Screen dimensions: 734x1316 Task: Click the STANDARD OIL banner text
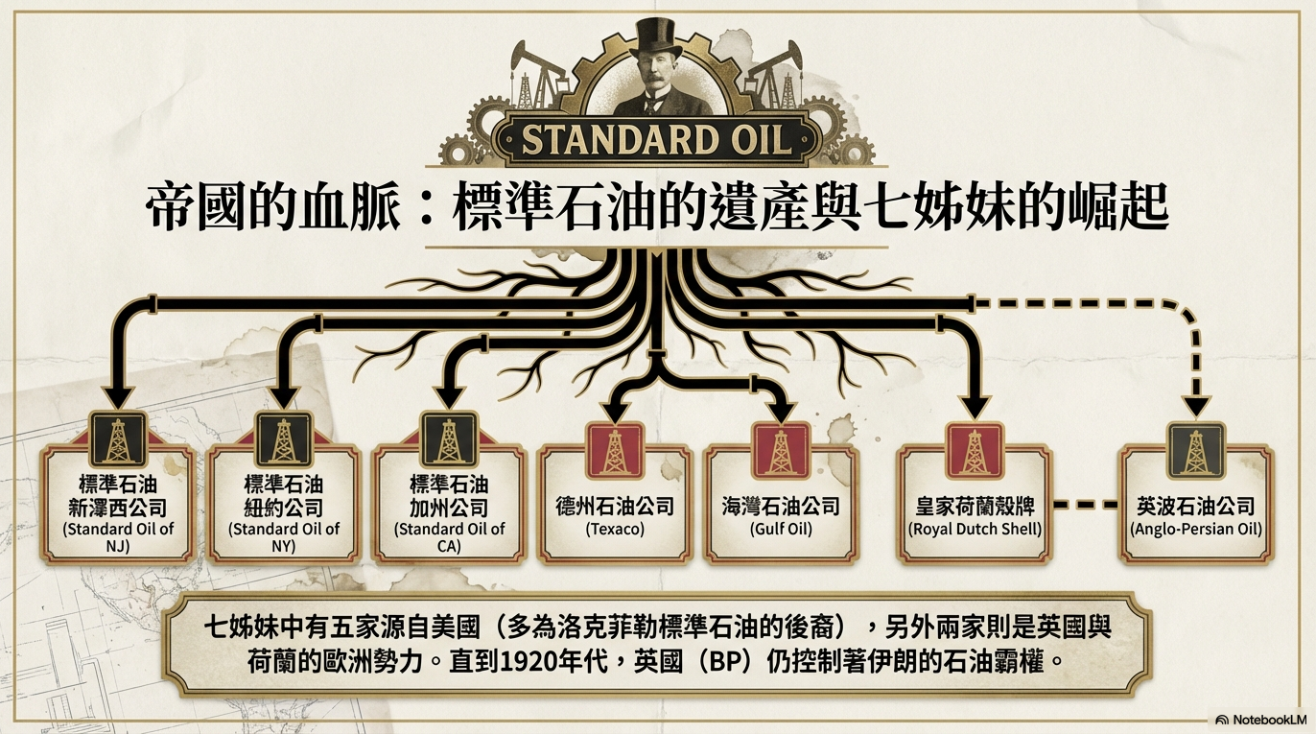657,140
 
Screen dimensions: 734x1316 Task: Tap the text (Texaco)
614,529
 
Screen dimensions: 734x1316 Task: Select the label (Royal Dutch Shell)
975,529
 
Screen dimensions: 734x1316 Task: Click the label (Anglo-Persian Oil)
1196,529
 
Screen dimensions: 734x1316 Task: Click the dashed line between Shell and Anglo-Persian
1085,504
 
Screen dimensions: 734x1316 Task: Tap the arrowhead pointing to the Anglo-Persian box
1195,407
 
